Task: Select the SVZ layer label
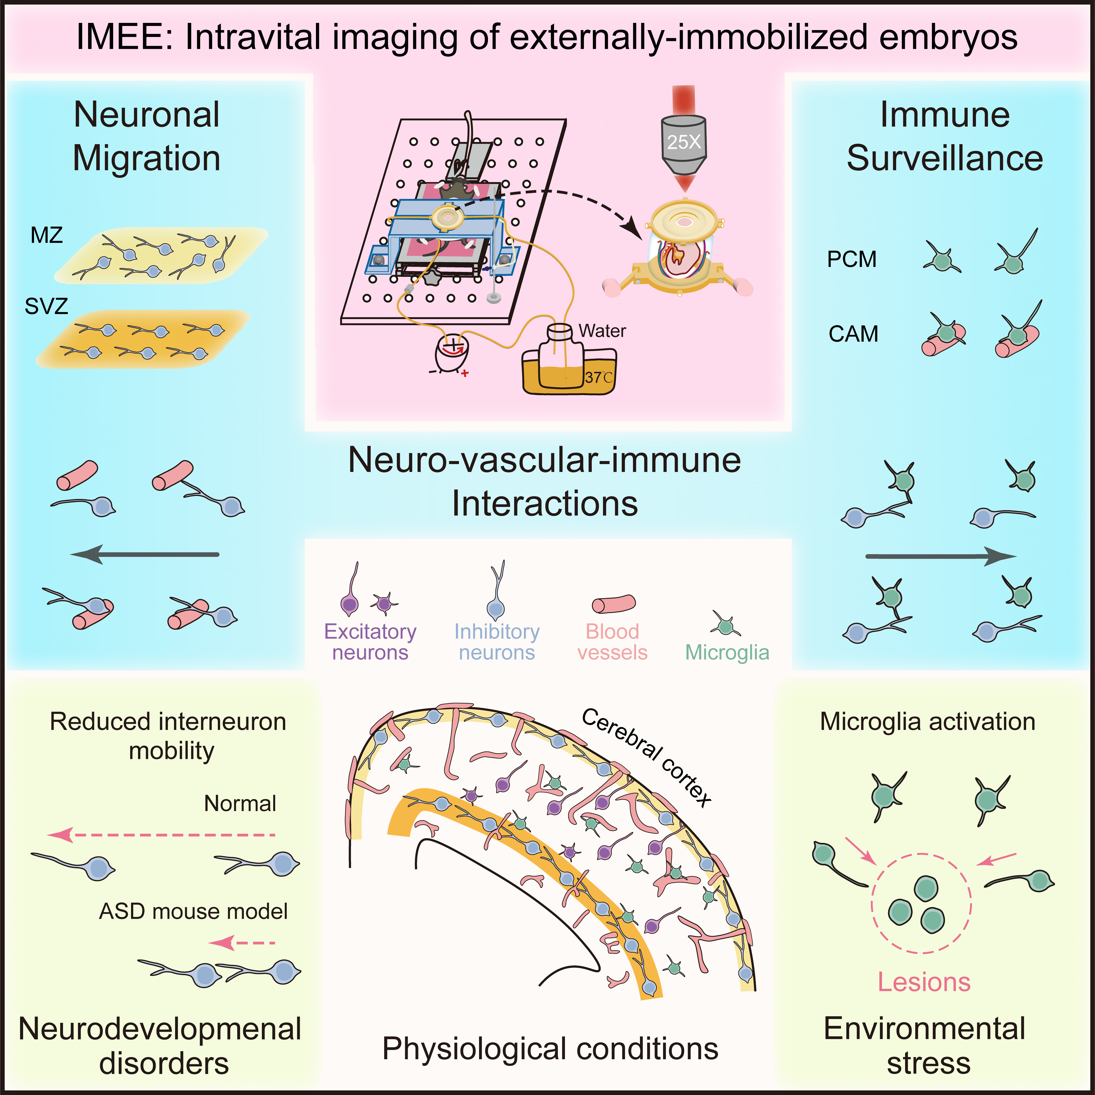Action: pos(46,307)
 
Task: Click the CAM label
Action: pos(853,334)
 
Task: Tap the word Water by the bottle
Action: pos(602,331)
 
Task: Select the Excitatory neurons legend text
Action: pos(370,642)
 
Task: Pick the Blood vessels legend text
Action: pos(612,642)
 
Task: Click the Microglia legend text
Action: pos(727,652)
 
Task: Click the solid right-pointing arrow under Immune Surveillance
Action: pos(941,557)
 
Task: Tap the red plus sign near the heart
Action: pos(465,374)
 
